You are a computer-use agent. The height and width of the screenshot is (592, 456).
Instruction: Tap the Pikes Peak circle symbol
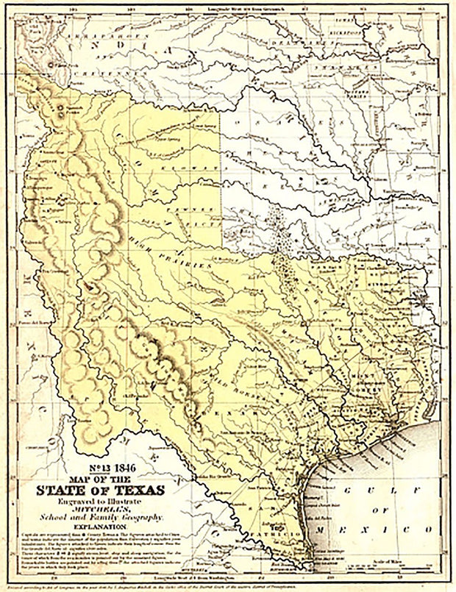click(x=50, y=65)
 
